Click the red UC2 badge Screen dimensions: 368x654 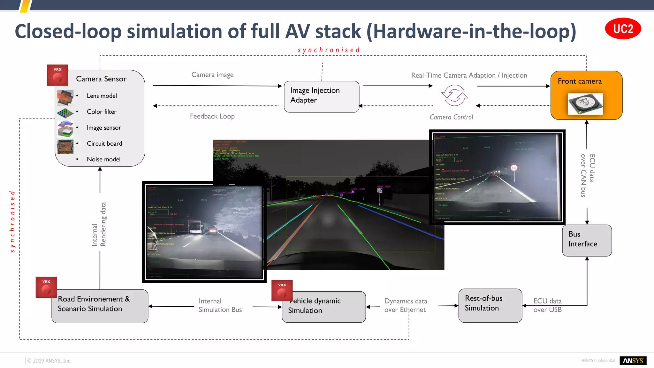[x=623, y=29]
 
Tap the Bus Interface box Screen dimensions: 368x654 [x=587, y=240]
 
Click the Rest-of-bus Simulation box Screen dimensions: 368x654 [x=490, y=305]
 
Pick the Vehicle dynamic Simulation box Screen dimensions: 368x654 [x=323, y=307]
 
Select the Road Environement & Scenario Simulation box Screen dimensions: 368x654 [x=100, y=306]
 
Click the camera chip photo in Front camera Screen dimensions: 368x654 [x=585, y=103]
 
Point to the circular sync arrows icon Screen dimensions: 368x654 [x=454, y=95]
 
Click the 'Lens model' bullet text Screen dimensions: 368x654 [x=102, y=96]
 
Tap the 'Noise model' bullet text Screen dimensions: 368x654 [x=103, y=159]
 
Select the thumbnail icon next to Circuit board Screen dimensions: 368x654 [x=65, y=146]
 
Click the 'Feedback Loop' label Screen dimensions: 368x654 [x=212, y=116]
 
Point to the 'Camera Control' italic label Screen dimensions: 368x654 [x=451, y=117]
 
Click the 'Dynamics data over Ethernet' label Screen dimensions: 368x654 [x=405, y=305]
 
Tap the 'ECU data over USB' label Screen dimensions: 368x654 [x=547, y=305]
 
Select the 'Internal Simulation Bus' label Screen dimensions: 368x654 [x=220, y=305]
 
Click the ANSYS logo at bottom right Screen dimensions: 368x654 [x=633, y=360]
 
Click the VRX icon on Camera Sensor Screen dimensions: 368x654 [x=57, y=75]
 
